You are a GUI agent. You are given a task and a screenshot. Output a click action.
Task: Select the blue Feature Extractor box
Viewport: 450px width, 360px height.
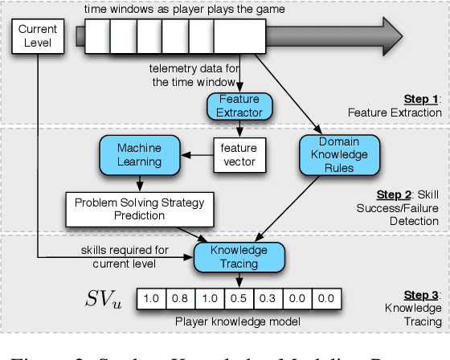240,104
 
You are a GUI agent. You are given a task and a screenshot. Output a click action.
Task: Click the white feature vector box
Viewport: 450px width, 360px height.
240,154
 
